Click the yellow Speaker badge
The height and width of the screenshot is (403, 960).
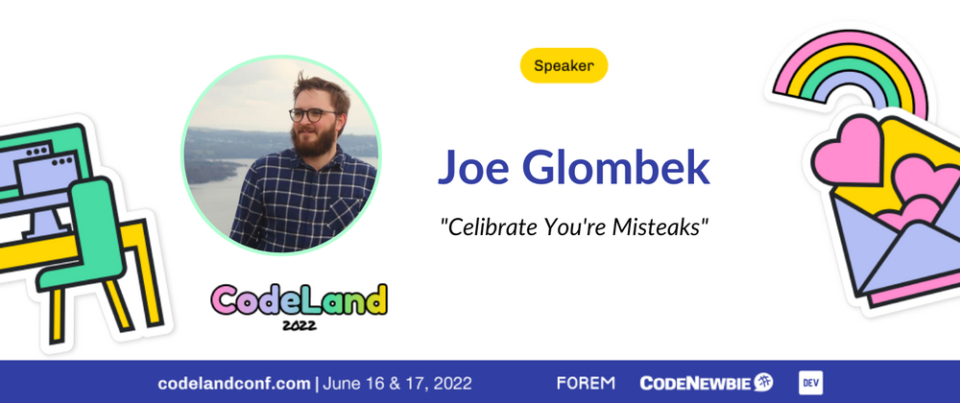point(564,65)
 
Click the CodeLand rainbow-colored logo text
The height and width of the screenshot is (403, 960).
point(300,299)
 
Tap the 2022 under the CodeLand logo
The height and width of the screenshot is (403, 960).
point(300,324)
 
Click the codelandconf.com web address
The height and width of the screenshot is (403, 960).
point(234,384)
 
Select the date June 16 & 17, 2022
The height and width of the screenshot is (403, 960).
point(397,384)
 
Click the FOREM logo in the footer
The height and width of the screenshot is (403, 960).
point(586,384)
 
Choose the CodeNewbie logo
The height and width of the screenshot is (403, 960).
point(707,383)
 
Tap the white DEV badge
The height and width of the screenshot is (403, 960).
point(810,383)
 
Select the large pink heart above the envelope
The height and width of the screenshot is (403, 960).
point(848,150)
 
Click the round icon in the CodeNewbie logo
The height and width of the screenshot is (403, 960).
point(763,383)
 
